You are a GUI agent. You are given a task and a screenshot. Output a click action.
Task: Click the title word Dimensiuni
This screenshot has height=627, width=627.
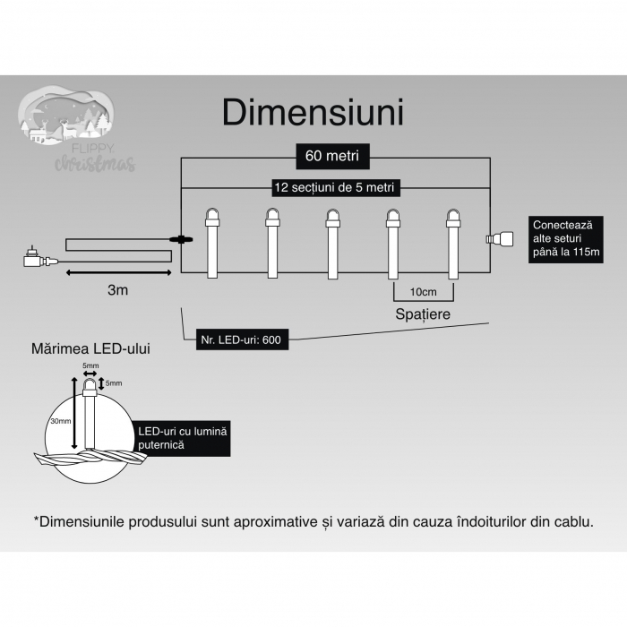pyautogui.click(x=313, y=114)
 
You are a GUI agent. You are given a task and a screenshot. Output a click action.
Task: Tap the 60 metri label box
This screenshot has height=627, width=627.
pyautogui.click(x=332, y=156)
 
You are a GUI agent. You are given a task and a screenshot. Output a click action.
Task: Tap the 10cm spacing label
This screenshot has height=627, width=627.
pyautogui.click(x=423, y=292)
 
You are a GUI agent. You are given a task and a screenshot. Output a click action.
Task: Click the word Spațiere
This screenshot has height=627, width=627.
pyautogui.click(x=423, y=315)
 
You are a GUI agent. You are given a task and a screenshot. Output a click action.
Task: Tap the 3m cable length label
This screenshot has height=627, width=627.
pyautogui.click(x=117, y=290)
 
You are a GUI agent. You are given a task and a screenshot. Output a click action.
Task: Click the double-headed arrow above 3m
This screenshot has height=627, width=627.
pyautogui.click(x=117, y=271)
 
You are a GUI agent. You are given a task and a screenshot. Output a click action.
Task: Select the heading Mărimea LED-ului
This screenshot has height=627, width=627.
pyautogui.click(x=90, y=348)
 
